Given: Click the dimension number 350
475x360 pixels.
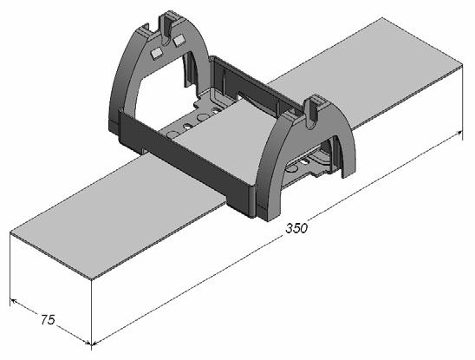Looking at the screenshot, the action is [x=296, y=228].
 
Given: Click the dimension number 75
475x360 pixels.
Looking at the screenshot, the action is [x=48, y=320].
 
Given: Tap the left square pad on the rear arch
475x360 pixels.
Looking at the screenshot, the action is [x=156, y=54].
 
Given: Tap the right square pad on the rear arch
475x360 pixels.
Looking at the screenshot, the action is [x=179, y=40].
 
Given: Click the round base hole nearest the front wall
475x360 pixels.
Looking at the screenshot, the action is [x=173, y=134].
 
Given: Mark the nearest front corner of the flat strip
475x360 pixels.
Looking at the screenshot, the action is [x=92, y=278].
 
